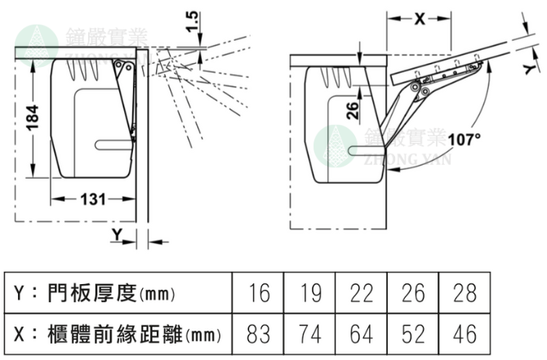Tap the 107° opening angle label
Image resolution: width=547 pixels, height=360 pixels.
coord(465,139)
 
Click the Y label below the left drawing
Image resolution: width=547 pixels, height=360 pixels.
coord(118,235)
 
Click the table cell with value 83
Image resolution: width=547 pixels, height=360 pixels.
coord(260,333)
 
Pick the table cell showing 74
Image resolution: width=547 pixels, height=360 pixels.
coord(311,333)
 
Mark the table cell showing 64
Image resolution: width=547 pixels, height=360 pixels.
coord(362,333)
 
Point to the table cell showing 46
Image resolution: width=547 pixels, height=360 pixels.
coord(464,333)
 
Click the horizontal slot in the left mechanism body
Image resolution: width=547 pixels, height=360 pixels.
coord(114,144)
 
